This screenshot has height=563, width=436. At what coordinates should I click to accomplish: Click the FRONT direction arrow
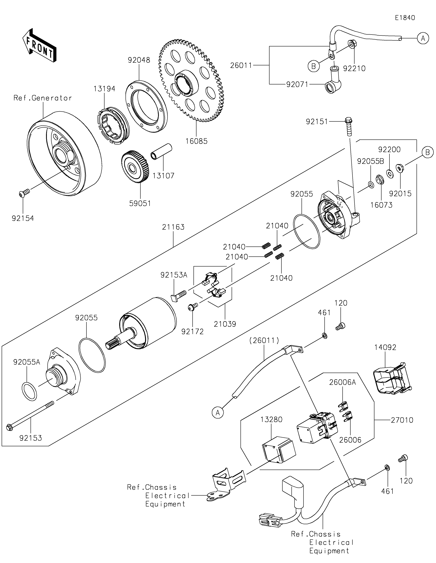(x=39, y=45)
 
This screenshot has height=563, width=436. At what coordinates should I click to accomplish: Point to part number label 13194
(x=104, y=89)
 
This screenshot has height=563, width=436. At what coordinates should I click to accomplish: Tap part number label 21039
(x=225, y=324)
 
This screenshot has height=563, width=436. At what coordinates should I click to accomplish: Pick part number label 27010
(x=402, y=420)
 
